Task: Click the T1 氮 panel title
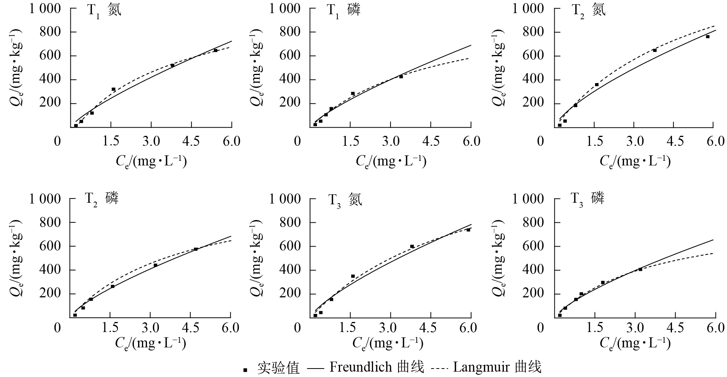104,10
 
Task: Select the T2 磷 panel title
102,199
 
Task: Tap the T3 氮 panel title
345,200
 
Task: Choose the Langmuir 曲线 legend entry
497,367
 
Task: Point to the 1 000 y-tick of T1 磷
284,8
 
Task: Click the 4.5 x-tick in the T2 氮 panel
675,141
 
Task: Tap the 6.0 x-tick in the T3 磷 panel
715,328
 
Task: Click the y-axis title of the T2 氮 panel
500,68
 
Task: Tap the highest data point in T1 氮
215,50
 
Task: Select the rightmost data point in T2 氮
707,37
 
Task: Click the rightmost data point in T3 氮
468,230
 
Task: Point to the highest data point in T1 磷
401,77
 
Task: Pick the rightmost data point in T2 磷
195,249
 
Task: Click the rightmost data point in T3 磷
640,269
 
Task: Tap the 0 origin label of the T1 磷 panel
297,141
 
